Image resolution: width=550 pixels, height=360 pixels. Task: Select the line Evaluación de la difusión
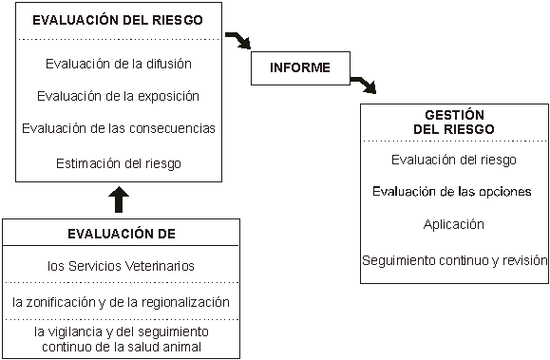119,65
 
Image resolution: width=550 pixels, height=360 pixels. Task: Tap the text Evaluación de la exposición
119,96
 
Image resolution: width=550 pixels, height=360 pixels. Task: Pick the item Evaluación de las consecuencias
119,128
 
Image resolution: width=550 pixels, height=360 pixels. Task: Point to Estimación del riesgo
119,162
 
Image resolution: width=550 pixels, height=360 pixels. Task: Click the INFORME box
299,67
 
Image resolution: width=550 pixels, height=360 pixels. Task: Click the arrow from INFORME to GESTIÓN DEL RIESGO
364,85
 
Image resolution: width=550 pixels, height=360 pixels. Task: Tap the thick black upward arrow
118,199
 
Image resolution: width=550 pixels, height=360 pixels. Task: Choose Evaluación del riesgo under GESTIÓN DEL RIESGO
454,160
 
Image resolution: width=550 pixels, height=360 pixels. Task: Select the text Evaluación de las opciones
454,192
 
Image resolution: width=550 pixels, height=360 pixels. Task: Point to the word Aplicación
454,225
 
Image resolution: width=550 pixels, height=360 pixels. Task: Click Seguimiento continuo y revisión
454,259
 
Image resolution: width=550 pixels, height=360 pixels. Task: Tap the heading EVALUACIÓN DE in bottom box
121,234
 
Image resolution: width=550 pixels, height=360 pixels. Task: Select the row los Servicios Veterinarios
121,266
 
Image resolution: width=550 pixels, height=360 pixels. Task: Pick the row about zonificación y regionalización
121,301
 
